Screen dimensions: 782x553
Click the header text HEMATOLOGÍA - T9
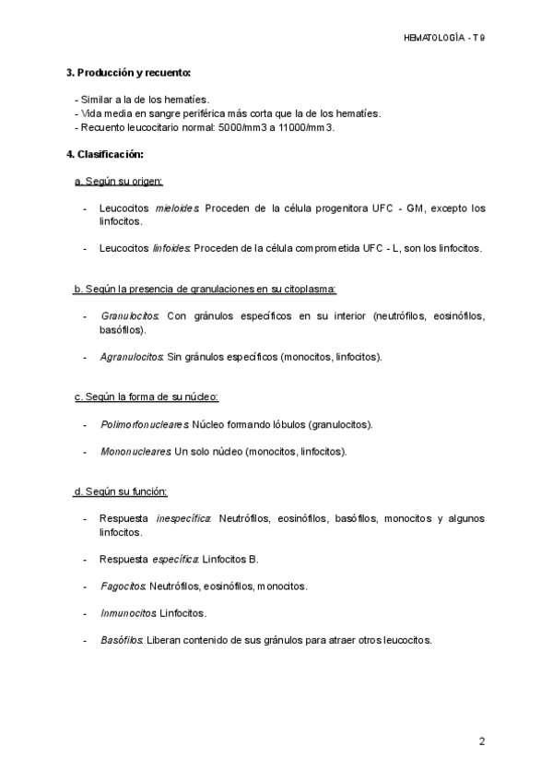click(444, 38)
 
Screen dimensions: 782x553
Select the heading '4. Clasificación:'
click(104, 154)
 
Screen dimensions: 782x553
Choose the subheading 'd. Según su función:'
click(121, 491)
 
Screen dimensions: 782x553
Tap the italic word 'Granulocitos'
click(130, 316)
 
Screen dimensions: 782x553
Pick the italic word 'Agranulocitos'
click(132, 356)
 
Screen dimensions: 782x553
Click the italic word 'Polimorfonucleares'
click(145, 424)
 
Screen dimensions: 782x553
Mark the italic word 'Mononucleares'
click(135, 452)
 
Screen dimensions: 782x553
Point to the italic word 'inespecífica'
click(184, 519)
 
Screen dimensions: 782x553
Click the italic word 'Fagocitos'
click(123, 586)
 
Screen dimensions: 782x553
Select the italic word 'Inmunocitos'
click(128, 612)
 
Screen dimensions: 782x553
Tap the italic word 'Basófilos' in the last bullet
click(123, 639)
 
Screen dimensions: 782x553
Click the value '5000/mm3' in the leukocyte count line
click(241, 127)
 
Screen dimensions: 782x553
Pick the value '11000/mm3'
click(306, 127)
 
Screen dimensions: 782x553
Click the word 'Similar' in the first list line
click(96, 100)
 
